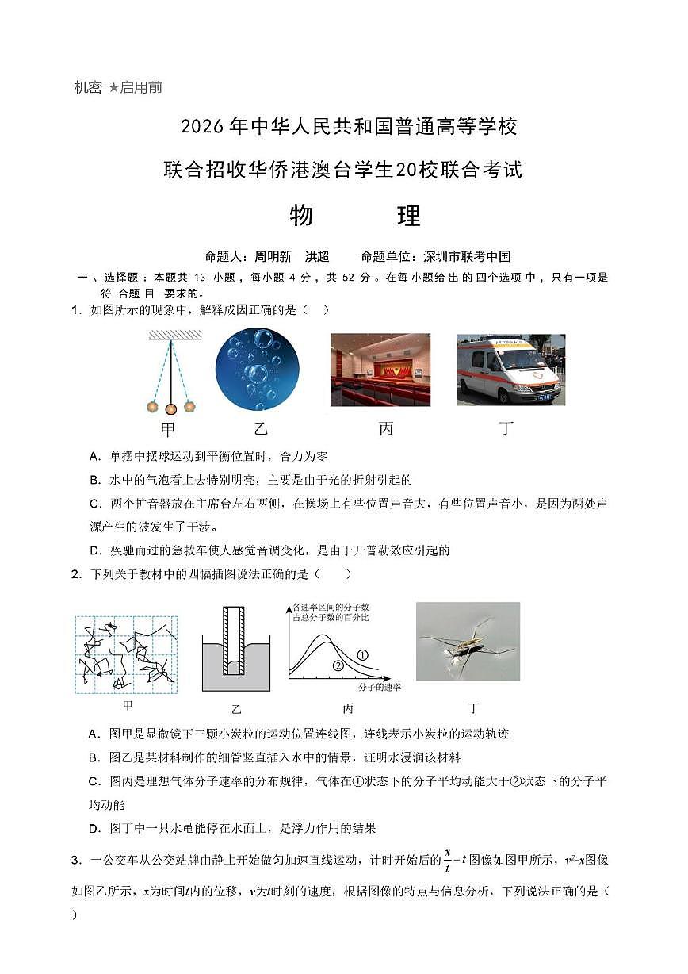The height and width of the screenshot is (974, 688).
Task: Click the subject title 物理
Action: (x=354, y=216)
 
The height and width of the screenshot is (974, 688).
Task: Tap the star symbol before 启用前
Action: (x=113, y=87)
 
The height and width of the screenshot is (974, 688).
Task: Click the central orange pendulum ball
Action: (x=170, y=409)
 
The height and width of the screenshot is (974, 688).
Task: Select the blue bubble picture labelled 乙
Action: (x=257, y=370)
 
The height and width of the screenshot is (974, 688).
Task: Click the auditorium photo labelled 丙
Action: (x=380, y=370)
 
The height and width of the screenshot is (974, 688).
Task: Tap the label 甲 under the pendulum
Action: (x=167, y=430)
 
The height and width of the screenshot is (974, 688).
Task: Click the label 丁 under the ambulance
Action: (x=506, y=429)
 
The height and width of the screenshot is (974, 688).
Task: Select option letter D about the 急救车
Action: (x=94, y=550)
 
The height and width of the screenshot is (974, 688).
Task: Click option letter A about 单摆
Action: (x=94, y=456)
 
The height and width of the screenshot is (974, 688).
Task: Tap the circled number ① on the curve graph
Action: (x=362, y=655)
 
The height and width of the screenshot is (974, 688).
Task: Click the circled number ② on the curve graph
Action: (x=338, y=665)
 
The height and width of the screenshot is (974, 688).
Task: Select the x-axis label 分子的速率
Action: (x=379, y=687)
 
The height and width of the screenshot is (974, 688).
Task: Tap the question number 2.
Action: (x=75, y=574)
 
